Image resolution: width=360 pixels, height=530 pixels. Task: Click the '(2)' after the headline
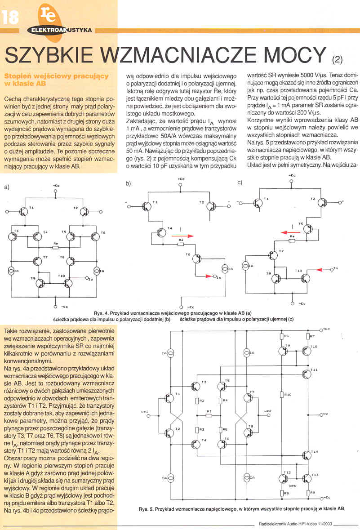[x=337, y=58]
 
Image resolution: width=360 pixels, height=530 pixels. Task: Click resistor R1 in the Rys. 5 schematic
[x=209, y=414]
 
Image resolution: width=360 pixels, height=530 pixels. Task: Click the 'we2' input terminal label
[x=268, y=411]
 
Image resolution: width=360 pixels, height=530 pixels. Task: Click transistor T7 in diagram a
[x=38, y=260]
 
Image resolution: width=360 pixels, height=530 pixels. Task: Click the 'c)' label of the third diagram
[x=240, y=183]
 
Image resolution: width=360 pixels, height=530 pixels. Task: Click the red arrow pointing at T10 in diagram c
[x=321, y=270]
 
